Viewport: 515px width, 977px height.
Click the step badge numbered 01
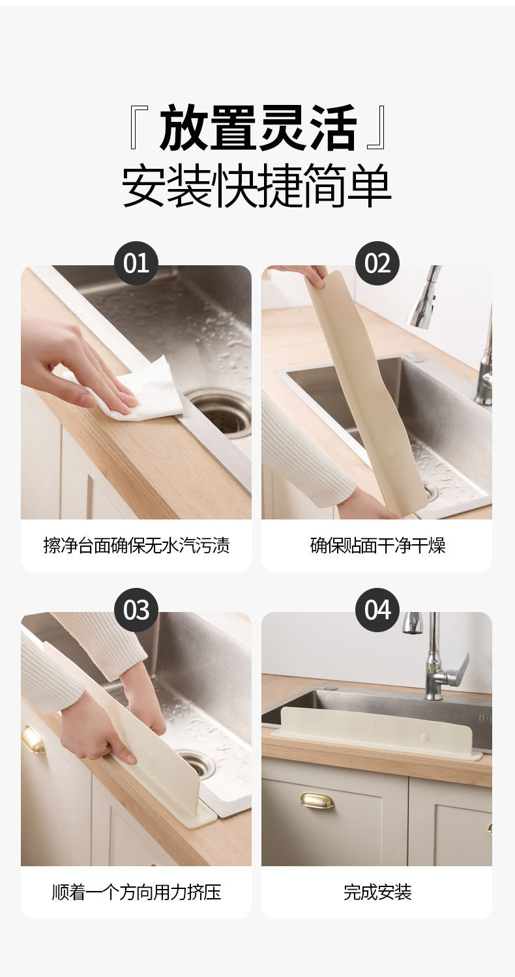(136, 263)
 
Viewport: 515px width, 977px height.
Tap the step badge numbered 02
(377, 263)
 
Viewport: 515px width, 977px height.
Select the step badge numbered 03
(136, 610)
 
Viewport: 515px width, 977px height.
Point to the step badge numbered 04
(377, 610)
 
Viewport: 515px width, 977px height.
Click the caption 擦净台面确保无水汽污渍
(136, 545)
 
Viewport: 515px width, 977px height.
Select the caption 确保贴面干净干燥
(377, 545)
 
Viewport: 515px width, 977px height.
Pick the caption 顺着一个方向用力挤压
(136, 892)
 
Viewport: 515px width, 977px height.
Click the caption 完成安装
(377, 892)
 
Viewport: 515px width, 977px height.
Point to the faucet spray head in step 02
(423, 297)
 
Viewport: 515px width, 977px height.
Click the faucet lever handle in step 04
(454, 673)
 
